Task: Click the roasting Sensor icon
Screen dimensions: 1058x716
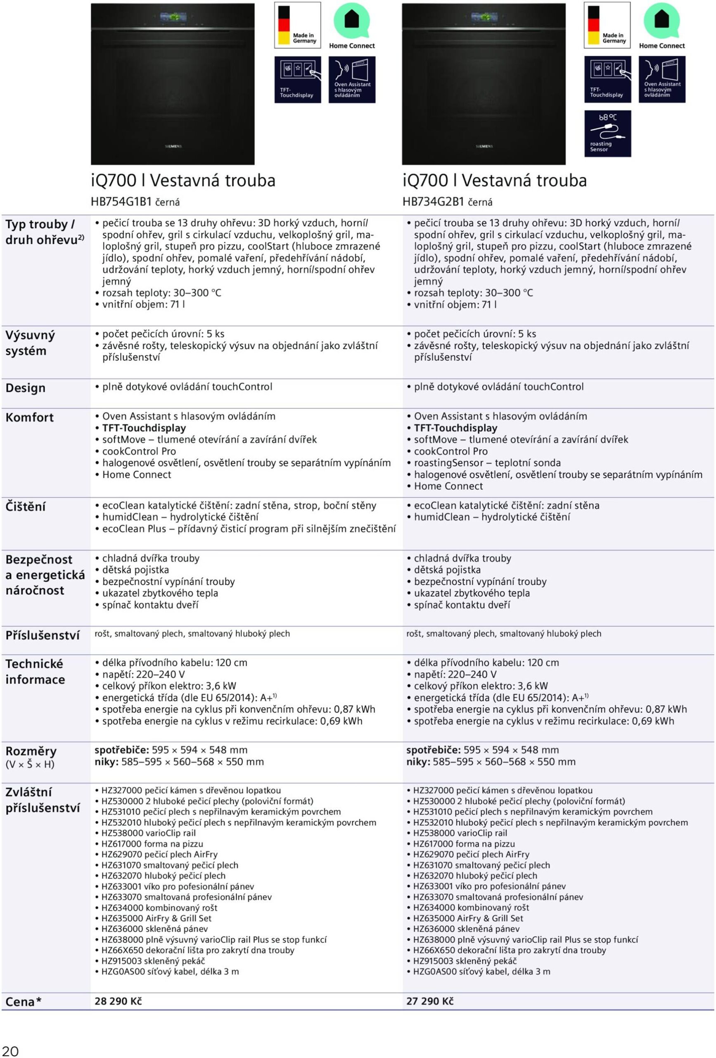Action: coord(607,133)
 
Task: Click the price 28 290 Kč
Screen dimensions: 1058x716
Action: coord(118,1001)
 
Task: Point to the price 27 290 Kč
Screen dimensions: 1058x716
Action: coord(430,1001)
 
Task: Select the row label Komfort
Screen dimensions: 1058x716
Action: coord(30,417)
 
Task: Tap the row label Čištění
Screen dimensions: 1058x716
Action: coord(26,507)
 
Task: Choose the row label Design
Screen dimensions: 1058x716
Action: coord(26,388)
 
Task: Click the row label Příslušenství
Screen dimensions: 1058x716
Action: coord(42,636)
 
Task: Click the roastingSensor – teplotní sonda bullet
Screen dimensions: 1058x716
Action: coord(487,463)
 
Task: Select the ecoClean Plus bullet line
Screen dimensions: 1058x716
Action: coord(249,529)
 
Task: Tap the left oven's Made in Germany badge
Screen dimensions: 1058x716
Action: coord(297,25)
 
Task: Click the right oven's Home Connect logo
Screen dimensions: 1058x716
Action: coord(661,26)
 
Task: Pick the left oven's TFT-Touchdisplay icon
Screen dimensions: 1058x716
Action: coord(297,80)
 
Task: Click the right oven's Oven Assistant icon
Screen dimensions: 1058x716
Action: coord(662,80)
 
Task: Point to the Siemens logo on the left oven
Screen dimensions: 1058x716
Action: coord(173,147)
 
